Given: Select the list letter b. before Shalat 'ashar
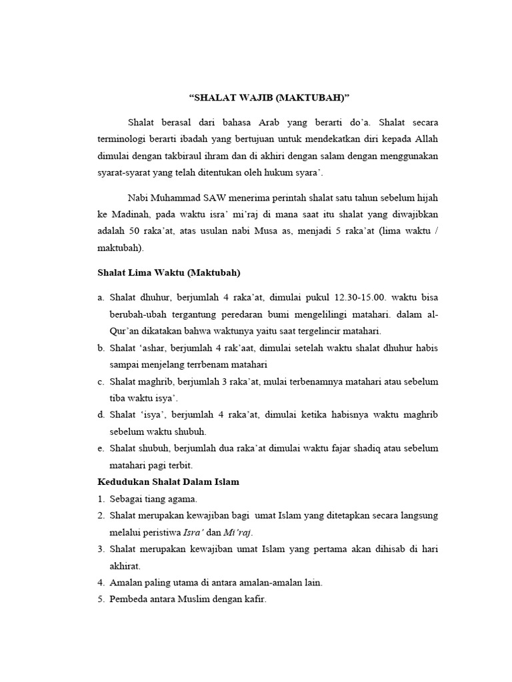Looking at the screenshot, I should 101,348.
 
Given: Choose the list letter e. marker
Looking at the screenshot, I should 101,448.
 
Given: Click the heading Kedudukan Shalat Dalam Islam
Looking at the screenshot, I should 168,482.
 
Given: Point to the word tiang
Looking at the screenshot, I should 157,499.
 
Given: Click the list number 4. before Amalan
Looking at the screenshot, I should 101,582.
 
